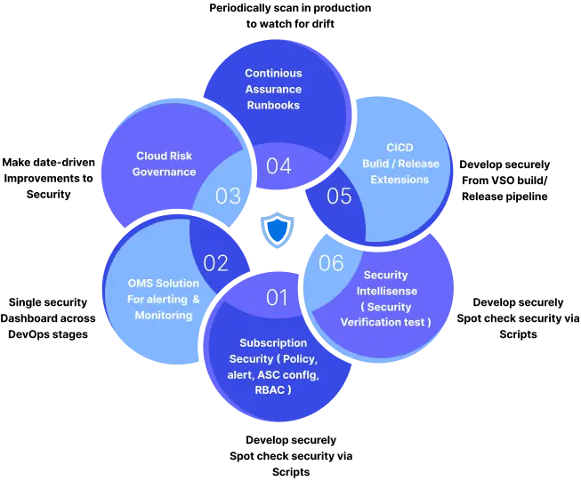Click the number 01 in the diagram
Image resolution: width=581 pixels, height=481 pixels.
point(278,298)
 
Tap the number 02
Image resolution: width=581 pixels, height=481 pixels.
point(216,263)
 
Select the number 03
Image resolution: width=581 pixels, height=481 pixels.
point(229,196)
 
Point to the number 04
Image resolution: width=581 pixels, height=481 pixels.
point(278,166)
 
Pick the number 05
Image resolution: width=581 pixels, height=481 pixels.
point(339,196)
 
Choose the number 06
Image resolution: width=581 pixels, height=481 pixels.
point(331,263)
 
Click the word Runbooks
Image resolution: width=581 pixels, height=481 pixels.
point(273,105)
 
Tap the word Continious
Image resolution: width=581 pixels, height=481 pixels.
point(273,73)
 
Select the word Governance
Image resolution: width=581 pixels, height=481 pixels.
point(165,172)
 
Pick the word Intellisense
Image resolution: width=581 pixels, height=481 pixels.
point(386,291)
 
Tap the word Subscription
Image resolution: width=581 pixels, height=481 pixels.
point(273,343)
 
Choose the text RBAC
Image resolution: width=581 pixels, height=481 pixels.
point(264,389)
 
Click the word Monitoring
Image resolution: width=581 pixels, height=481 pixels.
point(164,316)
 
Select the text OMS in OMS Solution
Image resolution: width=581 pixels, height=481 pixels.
point(141,284)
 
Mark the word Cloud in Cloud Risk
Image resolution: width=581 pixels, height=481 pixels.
point(150,156)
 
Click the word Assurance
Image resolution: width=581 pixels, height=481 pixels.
point(273,89)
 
